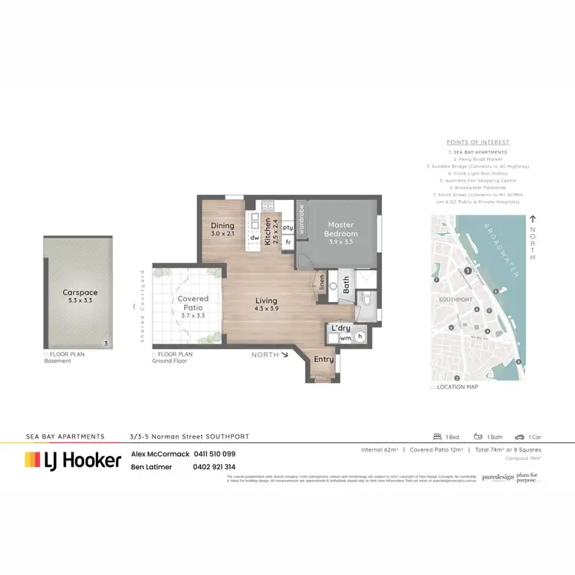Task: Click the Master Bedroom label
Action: (341, 228)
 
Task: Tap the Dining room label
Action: (223, 225)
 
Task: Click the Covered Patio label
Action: (193, 303)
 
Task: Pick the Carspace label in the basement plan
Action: (80, 292)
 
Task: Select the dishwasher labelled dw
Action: (253, 238)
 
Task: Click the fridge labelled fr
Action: (288, 242)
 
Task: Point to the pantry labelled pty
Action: (288, 228)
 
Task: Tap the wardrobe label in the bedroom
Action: (302, 218)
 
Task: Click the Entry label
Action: (324, 360)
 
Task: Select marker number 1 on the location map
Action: (467, 271)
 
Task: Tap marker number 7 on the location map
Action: (435, 281)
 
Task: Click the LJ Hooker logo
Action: (73, 460)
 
